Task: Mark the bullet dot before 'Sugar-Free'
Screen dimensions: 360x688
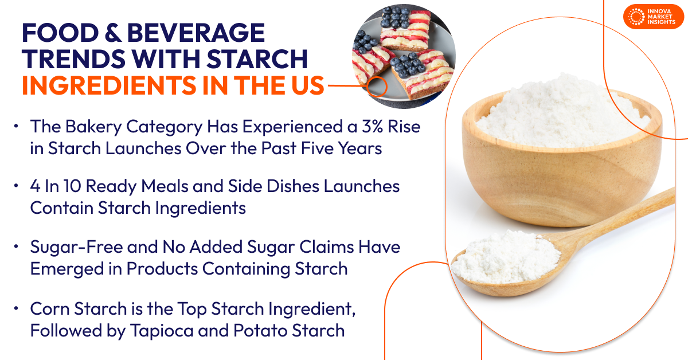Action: pos(17,247)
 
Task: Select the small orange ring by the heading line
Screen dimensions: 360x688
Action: pos(377,87)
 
